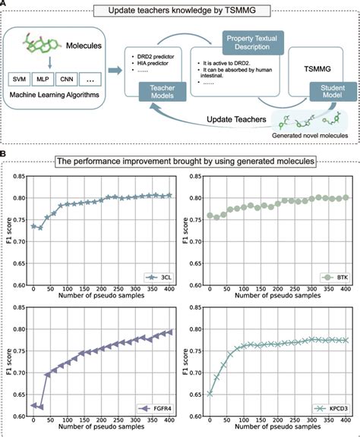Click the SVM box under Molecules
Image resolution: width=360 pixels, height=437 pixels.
[22, 78]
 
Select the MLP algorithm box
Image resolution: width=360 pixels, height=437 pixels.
[46, 78]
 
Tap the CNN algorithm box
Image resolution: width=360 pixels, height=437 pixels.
[69, 78]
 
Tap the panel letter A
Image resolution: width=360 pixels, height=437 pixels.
[5, 5]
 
